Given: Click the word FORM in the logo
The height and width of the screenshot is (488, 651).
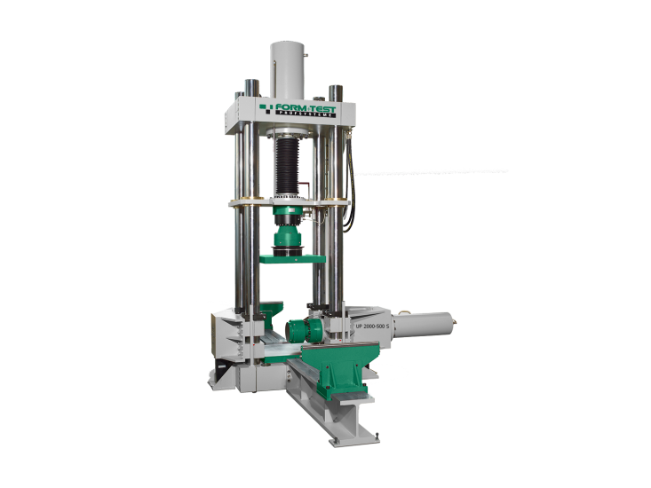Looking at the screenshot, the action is point(290,107).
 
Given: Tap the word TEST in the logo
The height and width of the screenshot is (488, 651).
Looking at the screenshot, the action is point(322,108).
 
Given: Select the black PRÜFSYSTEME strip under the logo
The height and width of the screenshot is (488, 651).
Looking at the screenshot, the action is point(306,114).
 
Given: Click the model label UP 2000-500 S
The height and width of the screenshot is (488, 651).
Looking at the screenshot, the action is point(372,326).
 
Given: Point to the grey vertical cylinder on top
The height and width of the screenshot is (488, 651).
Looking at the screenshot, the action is point(287,70).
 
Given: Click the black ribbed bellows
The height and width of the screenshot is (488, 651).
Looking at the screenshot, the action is point(287,167).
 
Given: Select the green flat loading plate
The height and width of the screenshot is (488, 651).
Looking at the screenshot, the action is point(292,259).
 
